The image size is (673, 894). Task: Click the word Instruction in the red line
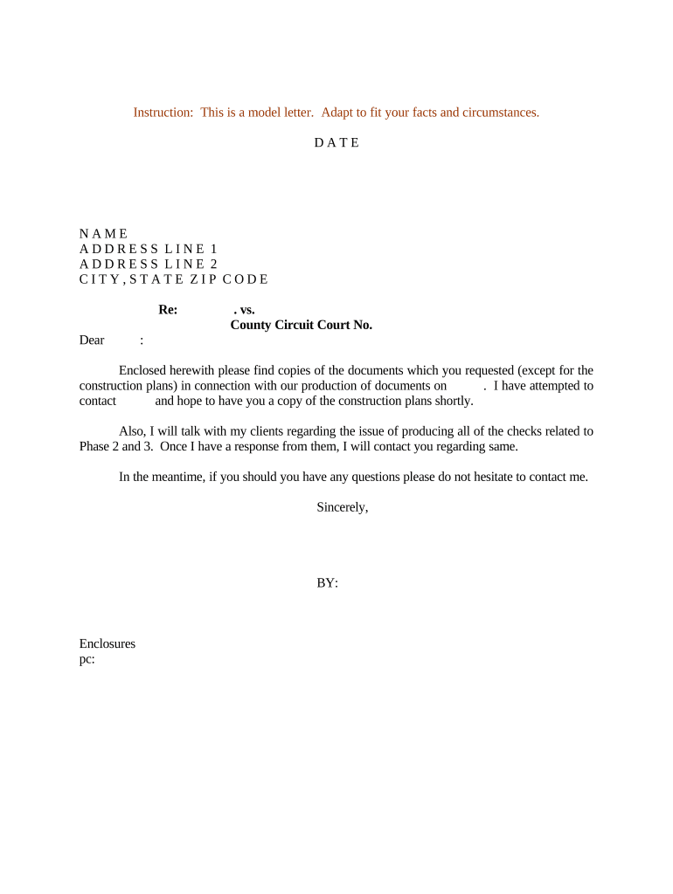[x=163, y=113]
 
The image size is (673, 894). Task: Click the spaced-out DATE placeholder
[x=336, y=142]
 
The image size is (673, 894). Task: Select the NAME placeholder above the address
[x=103, y=233]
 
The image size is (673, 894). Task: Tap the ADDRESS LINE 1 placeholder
[x=148, y=249]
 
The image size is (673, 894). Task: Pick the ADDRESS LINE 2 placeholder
[x=148, y=264]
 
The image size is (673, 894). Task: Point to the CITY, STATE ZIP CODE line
[x=173, y=279]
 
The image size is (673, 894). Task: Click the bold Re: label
[x=168, y=310]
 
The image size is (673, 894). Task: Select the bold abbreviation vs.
[x=244, y=310]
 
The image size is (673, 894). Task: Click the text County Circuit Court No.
[x=301, y=325]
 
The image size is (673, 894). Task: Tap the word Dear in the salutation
[x=92, y=340]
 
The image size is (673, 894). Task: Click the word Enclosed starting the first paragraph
[x=145, y=370]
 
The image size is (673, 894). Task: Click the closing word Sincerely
[x=342, y=507]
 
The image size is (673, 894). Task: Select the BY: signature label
[x=327, y=582]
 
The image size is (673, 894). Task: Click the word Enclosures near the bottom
[x=107, y=643]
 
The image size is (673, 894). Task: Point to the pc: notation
[x=87, y=659]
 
